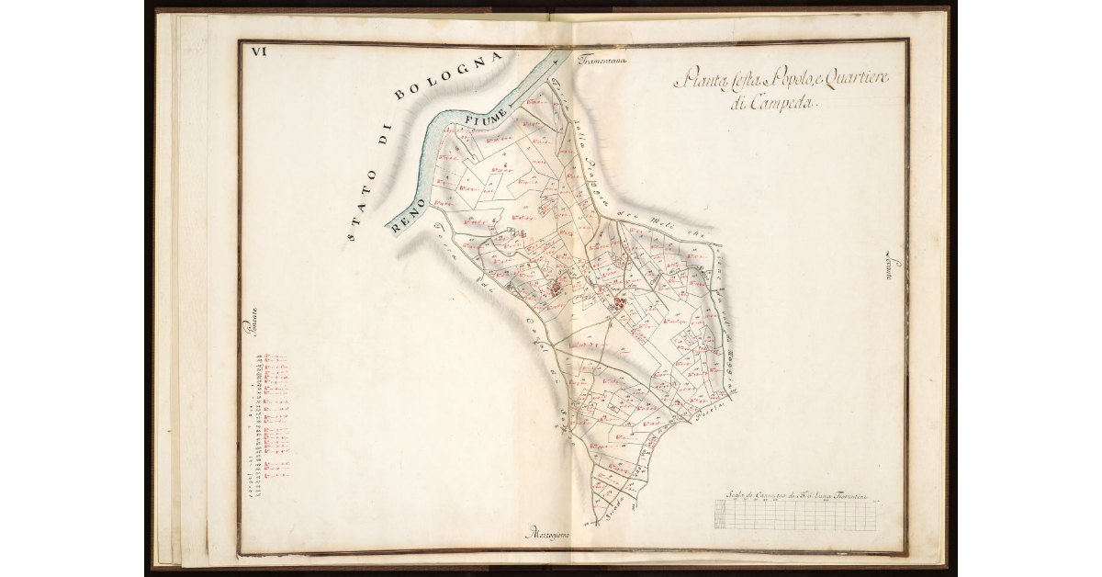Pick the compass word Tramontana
602,62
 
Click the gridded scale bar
795,515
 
